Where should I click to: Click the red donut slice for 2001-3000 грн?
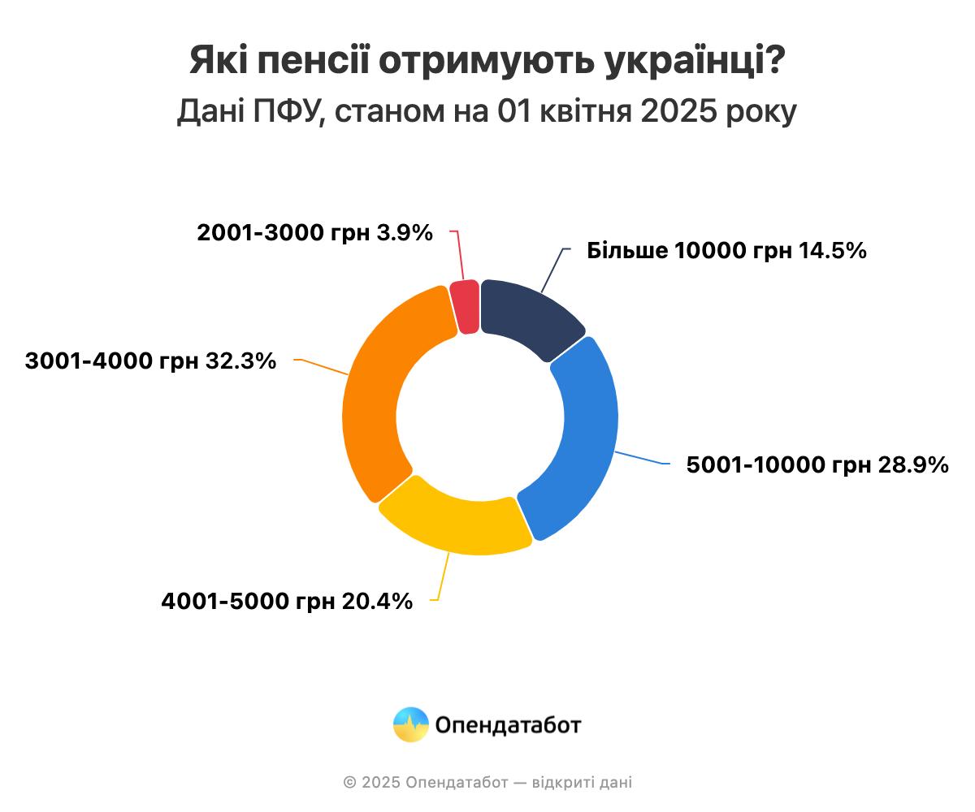tap(465, 307)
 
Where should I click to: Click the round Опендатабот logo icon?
tap(410, 724)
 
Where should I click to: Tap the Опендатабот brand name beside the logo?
tap(509, 724)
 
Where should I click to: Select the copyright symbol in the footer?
tap(349, 783)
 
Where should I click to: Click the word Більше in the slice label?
tap(626, 251)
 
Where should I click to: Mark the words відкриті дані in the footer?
tap(582, 783)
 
